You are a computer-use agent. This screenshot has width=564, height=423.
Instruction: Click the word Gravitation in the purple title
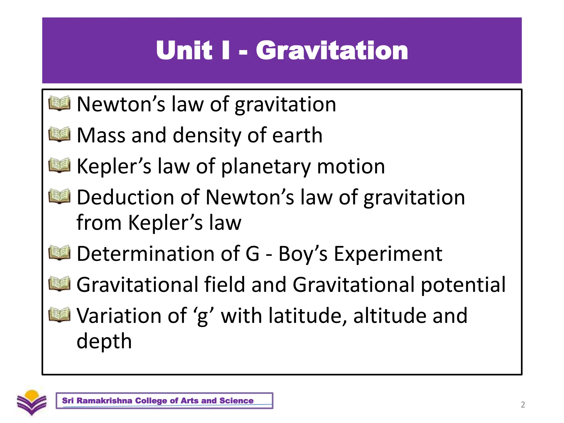pyautogui.click(x=332, y=50)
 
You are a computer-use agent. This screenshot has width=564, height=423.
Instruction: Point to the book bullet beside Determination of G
pyautogui.click(x=59, y=253)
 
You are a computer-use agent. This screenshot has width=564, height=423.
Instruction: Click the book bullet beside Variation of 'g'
pyautogui.click(x=59, y=315)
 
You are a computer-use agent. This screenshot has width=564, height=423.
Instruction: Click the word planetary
pyautogui.click(x=266, y=167)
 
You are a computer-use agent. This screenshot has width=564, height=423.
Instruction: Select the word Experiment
pyautogui.click(x=388, y=254)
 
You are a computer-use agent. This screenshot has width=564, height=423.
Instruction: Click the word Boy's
pyautogui.click(x=303, y=254)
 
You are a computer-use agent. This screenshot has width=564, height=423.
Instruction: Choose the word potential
pyautogui.click(x=463, y=285)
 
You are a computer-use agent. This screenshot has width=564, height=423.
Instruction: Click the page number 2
pyautogui.click(x=523, y=405)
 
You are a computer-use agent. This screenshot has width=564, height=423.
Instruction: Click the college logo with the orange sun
pyautogui.click(x=32, y=402)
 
